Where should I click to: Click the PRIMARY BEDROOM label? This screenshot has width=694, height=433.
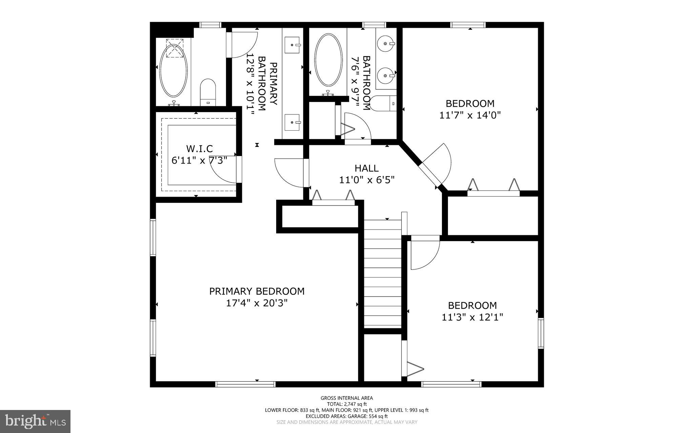257,291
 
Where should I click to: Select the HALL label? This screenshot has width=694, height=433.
367,168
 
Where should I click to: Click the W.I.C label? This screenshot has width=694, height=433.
199,148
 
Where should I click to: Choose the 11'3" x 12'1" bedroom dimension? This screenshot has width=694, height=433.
472,317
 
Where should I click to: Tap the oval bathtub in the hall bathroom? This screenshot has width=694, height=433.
328,60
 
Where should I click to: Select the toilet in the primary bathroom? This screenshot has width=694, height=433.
208,92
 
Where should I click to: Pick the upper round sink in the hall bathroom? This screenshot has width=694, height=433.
386,44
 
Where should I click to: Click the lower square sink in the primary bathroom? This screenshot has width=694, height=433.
292,122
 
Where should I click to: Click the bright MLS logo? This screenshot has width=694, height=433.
35,421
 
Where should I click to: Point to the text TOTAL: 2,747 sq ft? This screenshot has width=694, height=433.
347,404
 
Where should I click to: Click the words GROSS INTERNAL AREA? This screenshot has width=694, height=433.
347,398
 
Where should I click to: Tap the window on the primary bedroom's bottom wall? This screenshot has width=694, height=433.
245,384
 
